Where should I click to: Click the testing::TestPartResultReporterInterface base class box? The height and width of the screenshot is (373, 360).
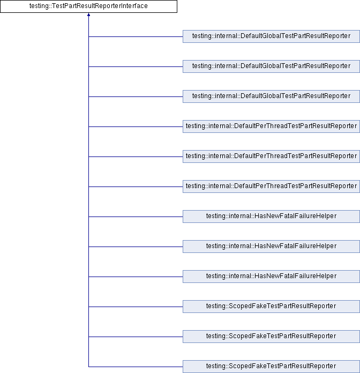pyautogui.click(x=88, y=6)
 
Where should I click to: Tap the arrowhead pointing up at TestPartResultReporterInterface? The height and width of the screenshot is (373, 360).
pyautogui.click(x=88, y=16)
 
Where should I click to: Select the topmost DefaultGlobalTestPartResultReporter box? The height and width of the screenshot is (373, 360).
pyautogui.click(x=271, y=36)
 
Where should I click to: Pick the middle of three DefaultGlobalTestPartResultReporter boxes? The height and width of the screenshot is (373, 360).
pyautogui.click(x=271, y=66)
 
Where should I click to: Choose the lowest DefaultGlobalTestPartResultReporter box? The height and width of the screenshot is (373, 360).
pyautogui.click(x=271, y=96)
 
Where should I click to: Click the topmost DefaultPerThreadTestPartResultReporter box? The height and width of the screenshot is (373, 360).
pyautogui.click(x=271, y=126)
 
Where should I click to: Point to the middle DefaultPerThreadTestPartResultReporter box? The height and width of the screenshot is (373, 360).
pyautogui.click(x=271, y=156)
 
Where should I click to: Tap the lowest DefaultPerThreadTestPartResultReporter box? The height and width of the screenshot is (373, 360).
pyautogui.click(x=271, y=186)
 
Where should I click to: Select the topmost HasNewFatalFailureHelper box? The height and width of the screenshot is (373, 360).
pyautogui.click(x=271, y=216)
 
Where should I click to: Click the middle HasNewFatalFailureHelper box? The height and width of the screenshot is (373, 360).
pyautogui.click(x=271, y=246)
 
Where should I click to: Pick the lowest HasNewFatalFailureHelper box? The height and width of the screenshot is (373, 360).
pyautogui.click(x=271, y=276)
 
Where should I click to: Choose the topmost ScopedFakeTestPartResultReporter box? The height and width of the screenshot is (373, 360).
pyautogui.click(x=271, y=306)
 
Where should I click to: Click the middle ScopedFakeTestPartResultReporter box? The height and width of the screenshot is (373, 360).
pyautogui.click(x=271, y=336)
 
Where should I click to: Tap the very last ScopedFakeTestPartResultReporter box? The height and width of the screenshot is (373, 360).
pyautogui.click(x=271, y=366)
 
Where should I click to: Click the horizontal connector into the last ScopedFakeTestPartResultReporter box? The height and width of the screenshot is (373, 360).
pyautogui.click(x=136, y=367)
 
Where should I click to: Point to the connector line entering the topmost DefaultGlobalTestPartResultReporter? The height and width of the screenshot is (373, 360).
pyautogui.click(x=136, y=36)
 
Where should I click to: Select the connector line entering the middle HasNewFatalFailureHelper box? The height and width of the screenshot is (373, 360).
pyautogui.click(x=136, y=247)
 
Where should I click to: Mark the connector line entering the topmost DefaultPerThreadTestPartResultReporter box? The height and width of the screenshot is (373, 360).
pyautogui.click(x=136, y=126)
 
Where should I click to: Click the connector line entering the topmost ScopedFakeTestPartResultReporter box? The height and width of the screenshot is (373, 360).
pyautogui.click(x=136, y=307)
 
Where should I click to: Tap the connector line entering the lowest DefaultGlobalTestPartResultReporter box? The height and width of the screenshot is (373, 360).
pyautogui.click(x=136, y=96)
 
